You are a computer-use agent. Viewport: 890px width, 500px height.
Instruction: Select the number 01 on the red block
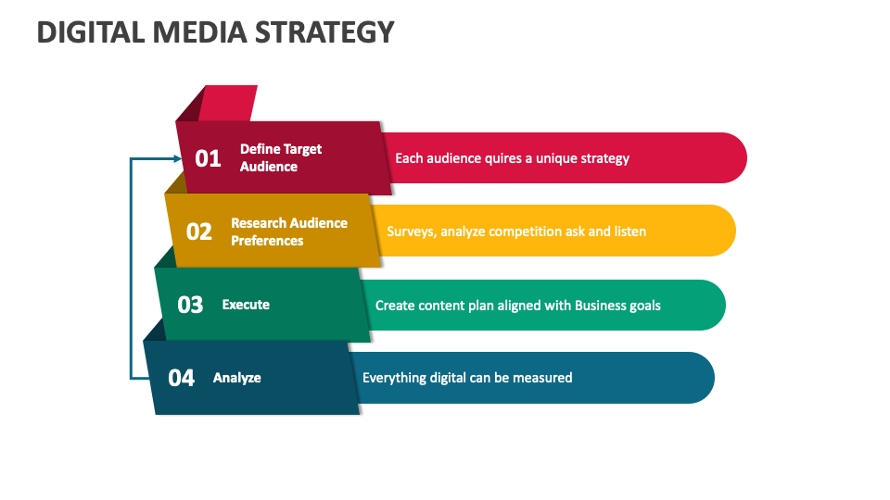click(x=208, y=158)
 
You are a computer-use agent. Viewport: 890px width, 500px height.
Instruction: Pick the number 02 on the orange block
click(x=198, y=231)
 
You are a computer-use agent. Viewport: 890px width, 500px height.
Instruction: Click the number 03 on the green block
click(x=189, y=305)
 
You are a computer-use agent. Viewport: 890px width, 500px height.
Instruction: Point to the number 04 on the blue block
click(x=181, y=378)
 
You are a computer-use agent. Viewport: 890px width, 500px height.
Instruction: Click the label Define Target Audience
click(x=280, y=157)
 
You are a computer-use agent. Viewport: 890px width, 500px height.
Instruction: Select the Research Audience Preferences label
click(x=288, y=231)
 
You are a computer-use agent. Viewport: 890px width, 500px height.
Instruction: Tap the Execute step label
click(x=246, y=305)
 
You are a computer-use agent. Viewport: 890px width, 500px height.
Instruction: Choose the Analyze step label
click(x=236, y=378)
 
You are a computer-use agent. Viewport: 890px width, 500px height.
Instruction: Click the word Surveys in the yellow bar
click(x=411, y=231)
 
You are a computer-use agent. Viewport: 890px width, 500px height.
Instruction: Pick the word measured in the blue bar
click(x=542, y=378)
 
